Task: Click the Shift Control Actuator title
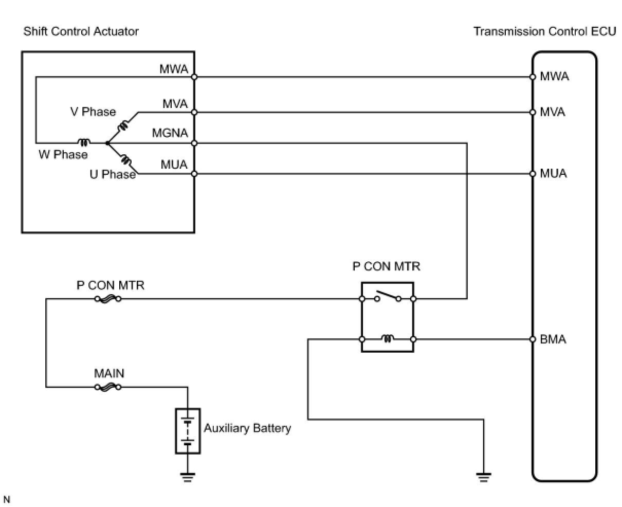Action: click(81, 31)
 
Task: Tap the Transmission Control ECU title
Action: click(544, 31)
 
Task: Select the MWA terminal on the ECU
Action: click(533, 77)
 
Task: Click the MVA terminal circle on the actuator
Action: click(194, 112)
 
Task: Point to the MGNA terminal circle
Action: click(194, 143)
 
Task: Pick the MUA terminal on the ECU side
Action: click(533, 174)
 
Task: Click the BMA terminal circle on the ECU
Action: click(533, 339)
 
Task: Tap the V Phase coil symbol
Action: click(123, 125)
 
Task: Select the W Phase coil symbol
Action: click(84, 142)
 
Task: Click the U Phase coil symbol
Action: click(126, 159)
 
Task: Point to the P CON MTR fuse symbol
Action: click(108, 299)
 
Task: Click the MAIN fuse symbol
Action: click(108, 387)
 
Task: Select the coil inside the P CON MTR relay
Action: click(388, 338)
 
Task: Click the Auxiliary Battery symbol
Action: click(188, 431)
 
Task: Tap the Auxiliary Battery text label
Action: click(247, 428)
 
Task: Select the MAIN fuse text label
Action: click(109, 373)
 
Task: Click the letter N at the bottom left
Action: click(6, 500)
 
